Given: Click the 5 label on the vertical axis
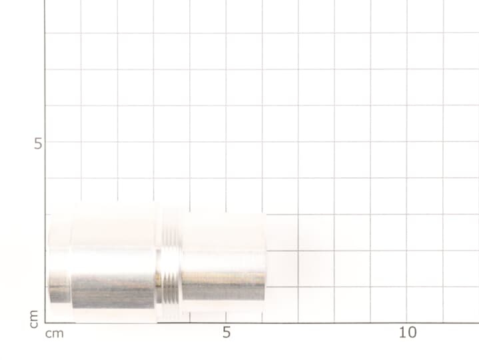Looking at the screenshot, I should [x=38, y=143].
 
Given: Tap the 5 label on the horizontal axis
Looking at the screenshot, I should [x=227, y=333].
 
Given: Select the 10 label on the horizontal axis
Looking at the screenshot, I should [x=407, y=333].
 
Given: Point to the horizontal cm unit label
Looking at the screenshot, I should [x=55, y=333].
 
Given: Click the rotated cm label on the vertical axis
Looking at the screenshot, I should [x=33, y=318].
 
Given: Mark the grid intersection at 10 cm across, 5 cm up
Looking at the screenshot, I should [x=407, y=142].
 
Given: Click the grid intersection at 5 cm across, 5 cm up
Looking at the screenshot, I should [x=226, y=142].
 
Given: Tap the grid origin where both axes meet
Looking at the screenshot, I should [x=45, y=323].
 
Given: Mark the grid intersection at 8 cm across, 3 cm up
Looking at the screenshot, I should [x=334, y=215].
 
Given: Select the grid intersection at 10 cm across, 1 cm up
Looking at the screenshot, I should [x=407, y=287].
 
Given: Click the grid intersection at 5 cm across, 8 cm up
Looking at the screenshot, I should [x=226, y=33].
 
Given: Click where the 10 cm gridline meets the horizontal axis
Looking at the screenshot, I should [x=407, y=323].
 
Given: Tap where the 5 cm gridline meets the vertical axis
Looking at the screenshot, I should [x=45, y=142].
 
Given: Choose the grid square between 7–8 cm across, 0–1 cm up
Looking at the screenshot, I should [x=316, y=305].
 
